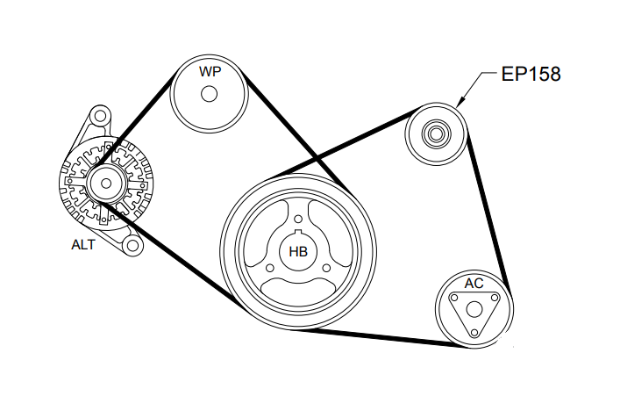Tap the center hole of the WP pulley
click(209, 94)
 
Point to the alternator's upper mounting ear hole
click(100, 116)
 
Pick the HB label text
click(298, 252)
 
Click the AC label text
click(474, 284)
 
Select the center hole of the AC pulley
click(474, 309)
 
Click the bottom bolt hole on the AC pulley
click(474, 331)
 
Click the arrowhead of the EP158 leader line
click(460, 106)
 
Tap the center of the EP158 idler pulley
click(434, 134)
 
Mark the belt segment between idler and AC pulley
click(488, 211)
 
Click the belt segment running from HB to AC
click(386, 338)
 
